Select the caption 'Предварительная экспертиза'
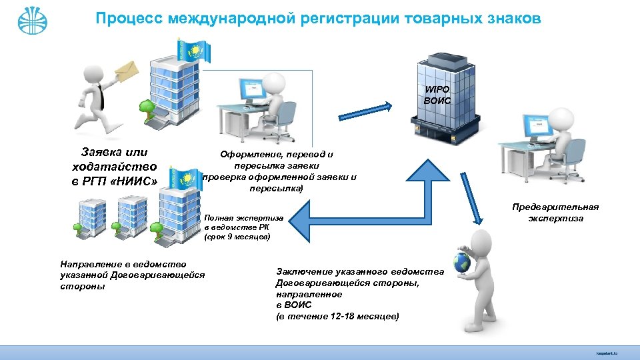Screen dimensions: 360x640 555,213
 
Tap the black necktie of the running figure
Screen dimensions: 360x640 101,95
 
